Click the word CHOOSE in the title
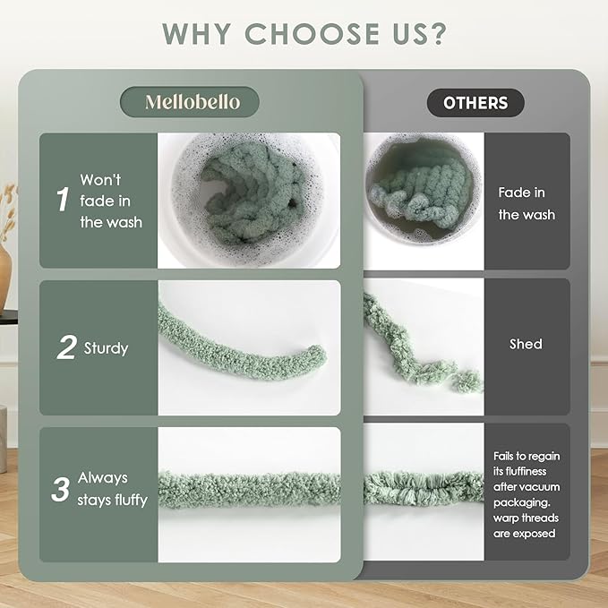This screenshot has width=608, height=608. [313, 34]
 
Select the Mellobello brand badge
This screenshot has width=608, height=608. [190, 102]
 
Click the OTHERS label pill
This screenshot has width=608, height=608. [475, 103]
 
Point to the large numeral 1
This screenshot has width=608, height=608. [63, 200]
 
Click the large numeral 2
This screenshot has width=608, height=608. [66, 347]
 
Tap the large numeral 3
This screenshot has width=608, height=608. [61, 489]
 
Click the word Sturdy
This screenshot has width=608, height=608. [106, 348]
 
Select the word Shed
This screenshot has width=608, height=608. [526, 344]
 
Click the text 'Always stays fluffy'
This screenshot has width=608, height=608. [113, 489]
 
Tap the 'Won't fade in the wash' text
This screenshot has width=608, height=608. [111, 201]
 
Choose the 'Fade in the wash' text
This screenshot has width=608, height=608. [527, 203]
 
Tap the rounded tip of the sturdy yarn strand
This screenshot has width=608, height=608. [318, 354]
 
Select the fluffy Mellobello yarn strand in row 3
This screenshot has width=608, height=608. [249, 490]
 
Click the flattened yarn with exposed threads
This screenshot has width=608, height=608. [424, 489]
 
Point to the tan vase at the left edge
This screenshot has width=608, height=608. [4, 276]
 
